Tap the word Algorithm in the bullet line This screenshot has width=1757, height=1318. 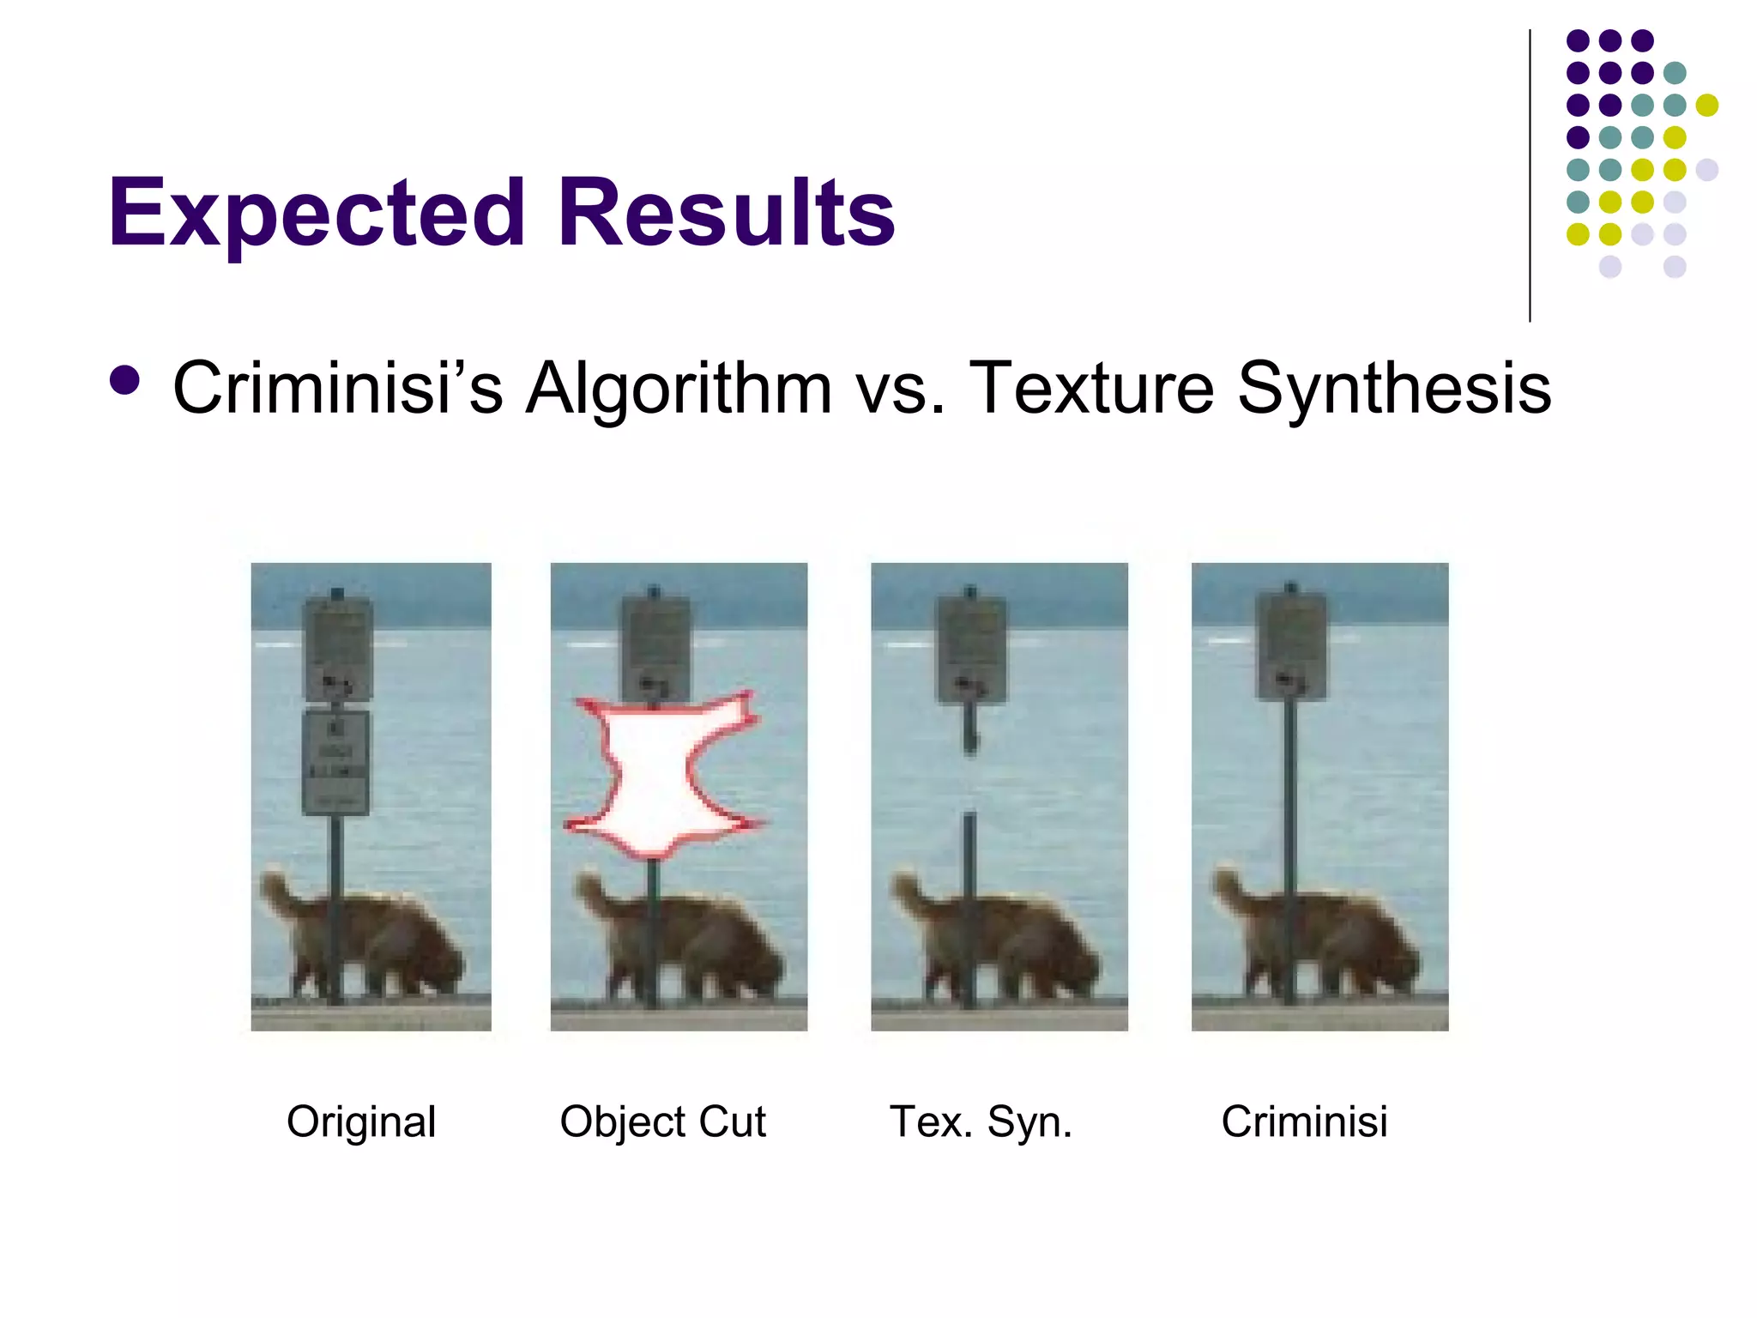tap(679, 388)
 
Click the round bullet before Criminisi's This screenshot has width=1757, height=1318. tap(125, 381)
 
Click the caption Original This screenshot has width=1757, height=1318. tap(361, 1122)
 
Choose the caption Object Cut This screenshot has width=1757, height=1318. tap(662, 1122)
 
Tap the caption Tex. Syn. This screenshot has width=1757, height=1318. tap(981, 1122)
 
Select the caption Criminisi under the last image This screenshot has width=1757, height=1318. tap(1304, 1122)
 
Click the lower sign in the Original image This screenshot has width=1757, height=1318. tap(336, 763)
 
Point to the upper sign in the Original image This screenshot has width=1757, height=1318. tap(338, 648)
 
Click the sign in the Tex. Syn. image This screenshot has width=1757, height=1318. tap(972, 648)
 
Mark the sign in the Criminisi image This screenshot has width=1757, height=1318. tap(1292, 645)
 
